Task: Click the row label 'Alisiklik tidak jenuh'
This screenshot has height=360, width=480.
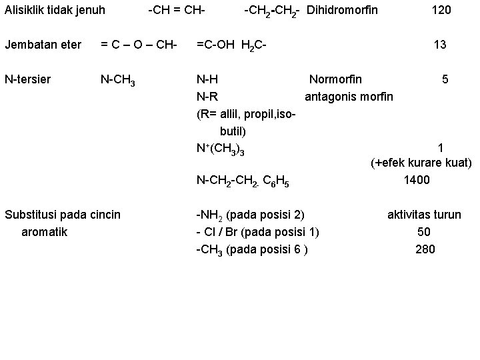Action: (x=55, y=10)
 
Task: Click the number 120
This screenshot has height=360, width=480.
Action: (x=441, y=10)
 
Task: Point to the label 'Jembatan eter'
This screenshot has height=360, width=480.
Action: (x=43, y=45)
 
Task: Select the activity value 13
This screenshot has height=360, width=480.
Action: (x=440, y=45)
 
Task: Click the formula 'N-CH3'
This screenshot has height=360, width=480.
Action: (x=118, y=81)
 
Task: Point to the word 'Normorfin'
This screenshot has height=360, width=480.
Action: (x=336, y=79)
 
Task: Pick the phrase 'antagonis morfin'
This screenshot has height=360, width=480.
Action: (x=349, y=97)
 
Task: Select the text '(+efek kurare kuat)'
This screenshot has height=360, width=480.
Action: (x=421, y=163)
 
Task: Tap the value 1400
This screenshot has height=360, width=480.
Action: (x=417, y=180)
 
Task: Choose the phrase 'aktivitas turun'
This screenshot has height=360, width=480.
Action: (x=424, y=215)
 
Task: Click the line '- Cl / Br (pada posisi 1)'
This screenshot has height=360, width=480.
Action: (x=257, y=232)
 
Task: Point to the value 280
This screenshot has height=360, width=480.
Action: (x=425, y=249)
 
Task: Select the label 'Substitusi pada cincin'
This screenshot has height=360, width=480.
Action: (x=63, y=215)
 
